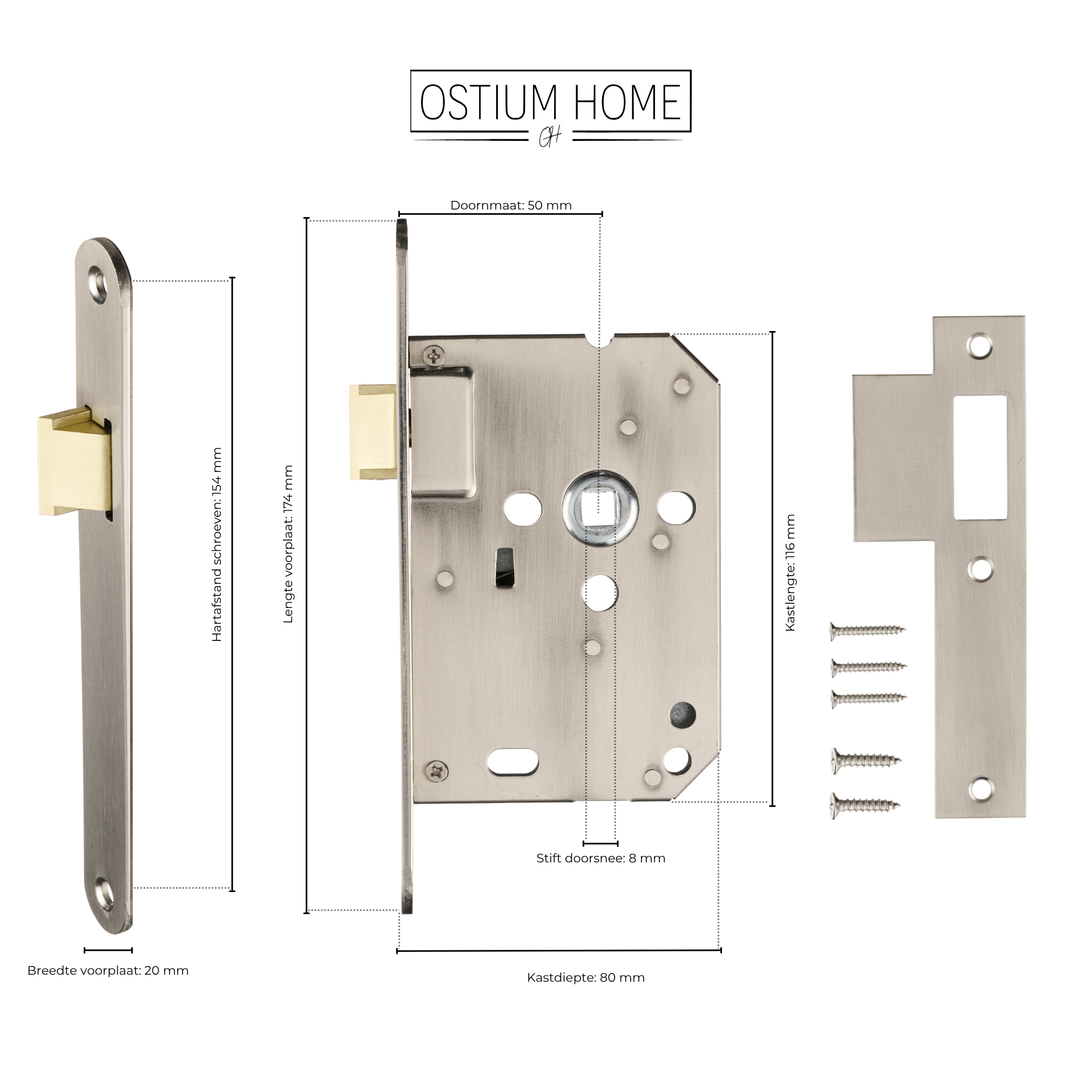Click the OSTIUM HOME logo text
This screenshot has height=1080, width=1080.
coord(551,103)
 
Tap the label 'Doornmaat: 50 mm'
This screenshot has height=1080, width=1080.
coord(511,205)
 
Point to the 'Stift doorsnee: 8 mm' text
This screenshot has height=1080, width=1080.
coord(601,858)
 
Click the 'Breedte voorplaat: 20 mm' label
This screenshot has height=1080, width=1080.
coord(108,970)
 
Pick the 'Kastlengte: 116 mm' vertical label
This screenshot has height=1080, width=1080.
coord(790,573)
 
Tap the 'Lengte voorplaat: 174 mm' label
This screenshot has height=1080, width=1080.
coord(288,544)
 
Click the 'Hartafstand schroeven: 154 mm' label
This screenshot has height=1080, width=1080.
coord(217,544)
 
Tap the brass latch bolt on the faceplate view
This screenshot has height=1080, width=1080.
coord(75,462)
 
